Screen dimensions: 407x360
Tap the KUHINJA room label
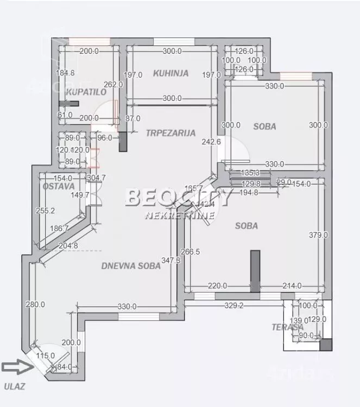click(x=170, y=73)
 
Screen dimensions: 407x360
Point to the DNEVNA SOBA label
click(x=131, y=266)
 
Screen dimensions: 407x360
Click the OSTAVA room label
click(x=58, y=186)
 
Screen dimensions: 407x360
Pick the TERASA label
click(x=287, y=327)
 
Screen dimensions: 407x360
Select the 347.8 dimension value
click(x=172, y=260)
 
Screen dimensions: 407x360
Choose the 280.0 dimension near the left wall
click(x=35, y=304)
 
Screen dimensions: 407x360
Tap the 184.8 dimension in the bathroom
click(x=65, y=73)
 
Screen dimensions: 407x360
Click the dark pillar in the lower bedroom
click(x=255, y=271)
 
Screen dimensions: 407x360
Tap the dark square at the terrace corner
click(x=325, y=345)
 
